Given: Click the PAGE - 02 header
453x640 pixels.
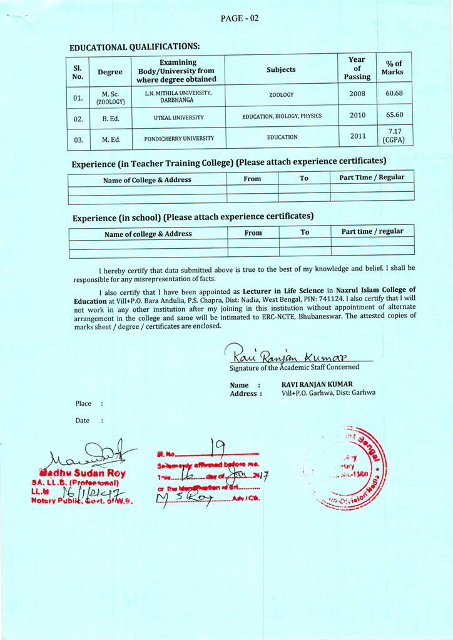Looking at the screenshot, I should point(239,18).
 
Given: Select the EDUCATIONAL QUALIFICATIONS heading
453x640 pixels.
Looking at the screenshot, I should point(135,47).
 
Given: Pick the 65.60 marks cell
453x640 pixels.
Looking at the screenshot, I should point(394,115).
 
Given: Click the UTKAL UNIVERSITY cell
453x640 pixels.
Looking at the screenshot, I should point(178,117).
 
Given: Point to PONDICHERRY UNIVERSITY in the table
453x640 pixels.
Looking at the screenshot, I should point(179,138).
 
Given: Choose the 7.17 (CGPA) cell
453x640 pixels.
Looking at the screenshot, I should point(394,136).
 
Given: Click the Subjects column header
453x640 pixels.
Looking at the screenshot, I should point(281,69).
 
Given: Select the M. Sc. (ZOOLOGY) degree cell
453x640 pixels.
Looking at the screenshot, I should point(110,97).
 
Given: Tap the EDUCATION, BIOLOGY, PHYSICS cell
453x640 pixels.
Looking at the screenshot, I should point(282,116).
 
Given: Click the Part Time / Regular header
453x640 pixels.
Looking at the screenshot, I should point(372,177).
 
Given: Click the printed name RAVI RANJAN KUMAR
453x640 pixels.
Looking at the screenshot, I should point(317,384).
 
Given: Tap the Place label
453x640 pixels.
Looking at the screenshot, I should point(83,404).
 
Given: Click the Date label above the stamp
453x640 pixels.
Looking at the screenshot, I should point(82,421).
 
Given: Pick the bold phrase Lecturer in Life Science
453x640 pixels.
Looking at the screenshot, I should point(283,291).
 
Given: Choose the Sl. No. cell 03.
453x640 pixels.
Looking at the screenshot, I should point(78,140).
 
